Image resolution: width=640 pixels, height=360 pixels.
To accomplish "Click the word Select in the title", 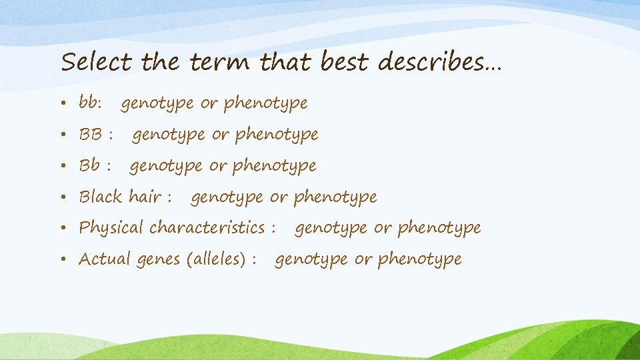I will [x=96, y=63].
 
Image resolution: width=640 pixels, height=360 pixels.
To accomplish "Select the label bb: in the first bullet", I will [x=90, y=103].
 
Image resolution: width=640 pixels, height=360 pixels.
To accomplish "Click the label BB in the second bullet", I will [x=90, y=135].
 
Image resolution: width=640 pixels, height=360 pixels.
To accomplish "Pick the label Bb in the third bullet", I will [x=90, y=165].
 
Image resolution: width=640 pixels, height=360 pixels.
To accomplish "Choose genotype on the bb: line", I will [x=157, y=104].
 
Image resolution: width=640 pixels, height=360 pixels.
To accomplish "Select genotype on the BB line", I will [x=169, y=135].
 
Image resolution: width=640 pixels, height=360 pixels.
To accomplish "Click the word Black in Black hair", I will [x=101, y=197].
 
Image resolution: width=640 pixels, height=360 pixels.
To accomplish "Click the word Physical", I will [x=111, y=228].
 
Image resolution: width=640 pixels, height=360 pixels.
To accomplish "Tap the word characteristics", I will [x=207, y=227].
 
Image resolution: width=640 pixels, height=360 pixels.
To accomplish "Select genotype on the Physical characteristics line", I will [x=331, y=229].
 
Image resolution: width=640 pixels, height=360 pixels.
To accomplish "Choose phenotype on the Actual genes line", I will [x=419, y=259].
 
